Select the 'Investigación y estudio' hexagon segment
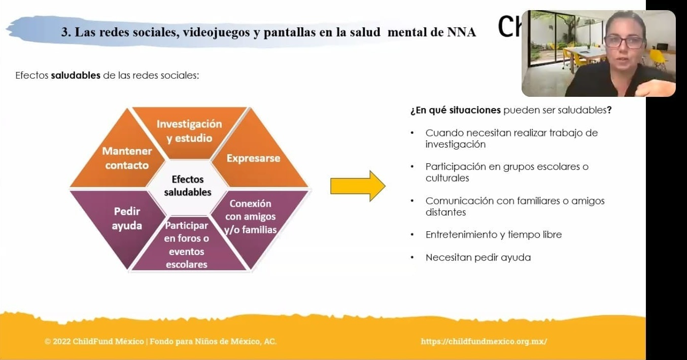point(189,131)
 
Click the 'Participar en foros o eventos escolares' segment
point(187,245)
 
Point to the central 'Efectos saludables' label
point(188,186)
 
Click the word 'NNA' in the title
point(462,32)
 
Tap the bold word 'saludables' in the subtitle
point(76,76)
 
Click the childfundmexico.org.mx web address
point(484,341)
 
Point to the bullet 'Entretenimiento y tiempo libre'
point(494,235)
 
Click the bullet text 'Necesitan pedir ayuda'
point(478,258)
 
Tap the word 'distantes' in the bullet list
point(445,212)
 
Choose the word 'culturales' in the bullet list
point(447,178)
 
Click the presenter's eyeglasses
point(624,42)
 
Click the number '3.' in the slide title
point(66,32)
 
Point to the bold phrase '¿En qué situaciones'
point(456,110)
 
